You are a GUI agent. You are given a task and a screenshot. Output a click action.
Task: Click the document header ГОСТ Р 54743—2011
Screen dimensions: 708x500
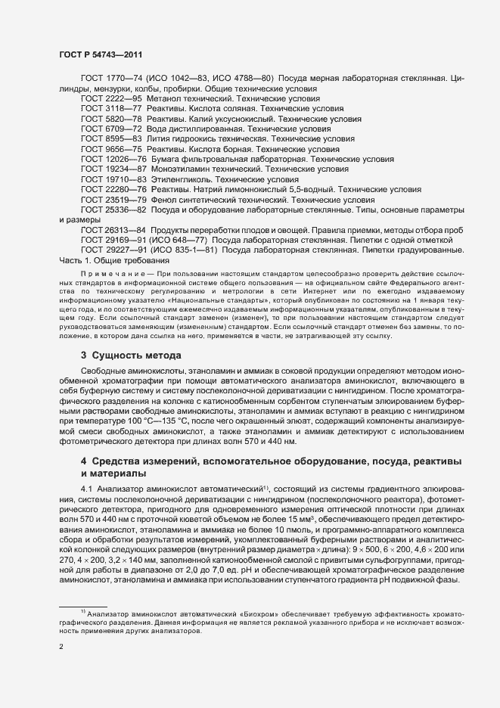(x=100, y=54)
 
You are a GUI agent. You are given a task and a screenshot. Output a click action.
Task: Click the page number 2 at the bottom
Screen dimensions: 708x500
(x=61, y=647)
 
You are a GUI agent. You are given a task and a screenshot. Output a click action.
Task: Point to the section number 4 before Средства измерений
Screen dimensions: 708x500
(x=84, y=461)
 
